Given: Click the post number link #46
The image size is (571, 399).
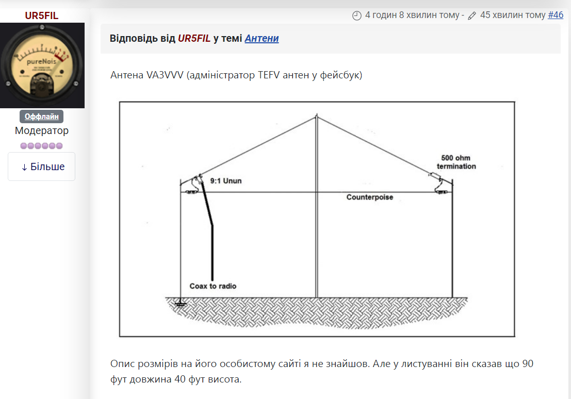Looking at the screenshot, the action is click(x=556, y=15).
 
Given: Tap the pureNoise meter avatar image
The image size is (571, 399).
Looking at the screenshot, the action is click(x=42, y=65).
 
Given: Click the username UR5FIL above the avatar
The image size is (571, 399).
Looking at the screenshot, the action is click(x=42, y=16).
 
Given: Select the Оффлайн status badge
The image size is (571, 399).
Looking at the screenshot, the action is click(x=42, y=117).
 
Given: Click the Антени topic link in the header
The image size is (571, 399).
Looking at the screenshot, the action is click(x=262, y=39).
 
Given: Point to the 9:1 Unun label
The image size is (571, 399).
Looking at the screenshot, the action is click(x=225, y=181).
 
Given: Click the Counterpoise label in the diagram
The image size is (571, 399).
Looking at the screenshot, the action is click(x=369, y=197).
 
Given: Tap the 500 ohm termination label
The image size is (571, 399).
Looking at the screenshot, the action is click(x=456, y=162).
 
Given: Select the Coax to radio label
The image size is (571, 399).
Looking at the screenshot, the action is click(x=213, y=286).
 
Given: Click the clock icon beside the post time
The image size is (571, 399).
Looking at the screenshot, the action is click(x=357, y=15).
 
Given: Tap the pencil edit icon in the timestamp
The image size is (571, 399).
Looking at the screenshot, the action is click(x=472, y=15).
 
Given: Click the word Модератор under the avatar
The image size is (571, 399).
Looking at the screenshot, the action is click(x=42, y=131).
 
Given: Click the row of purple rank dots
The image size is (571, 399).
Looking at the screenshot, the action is click(x=42, y=146).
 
